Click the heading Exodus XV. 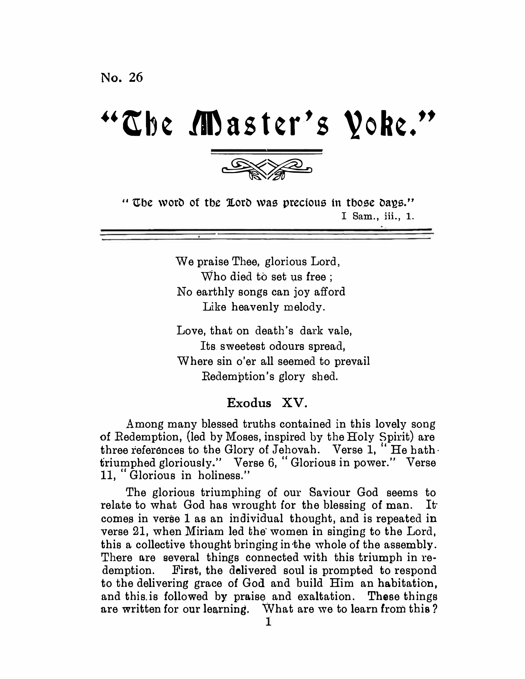pyautogui.click(x=267, y=403)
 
